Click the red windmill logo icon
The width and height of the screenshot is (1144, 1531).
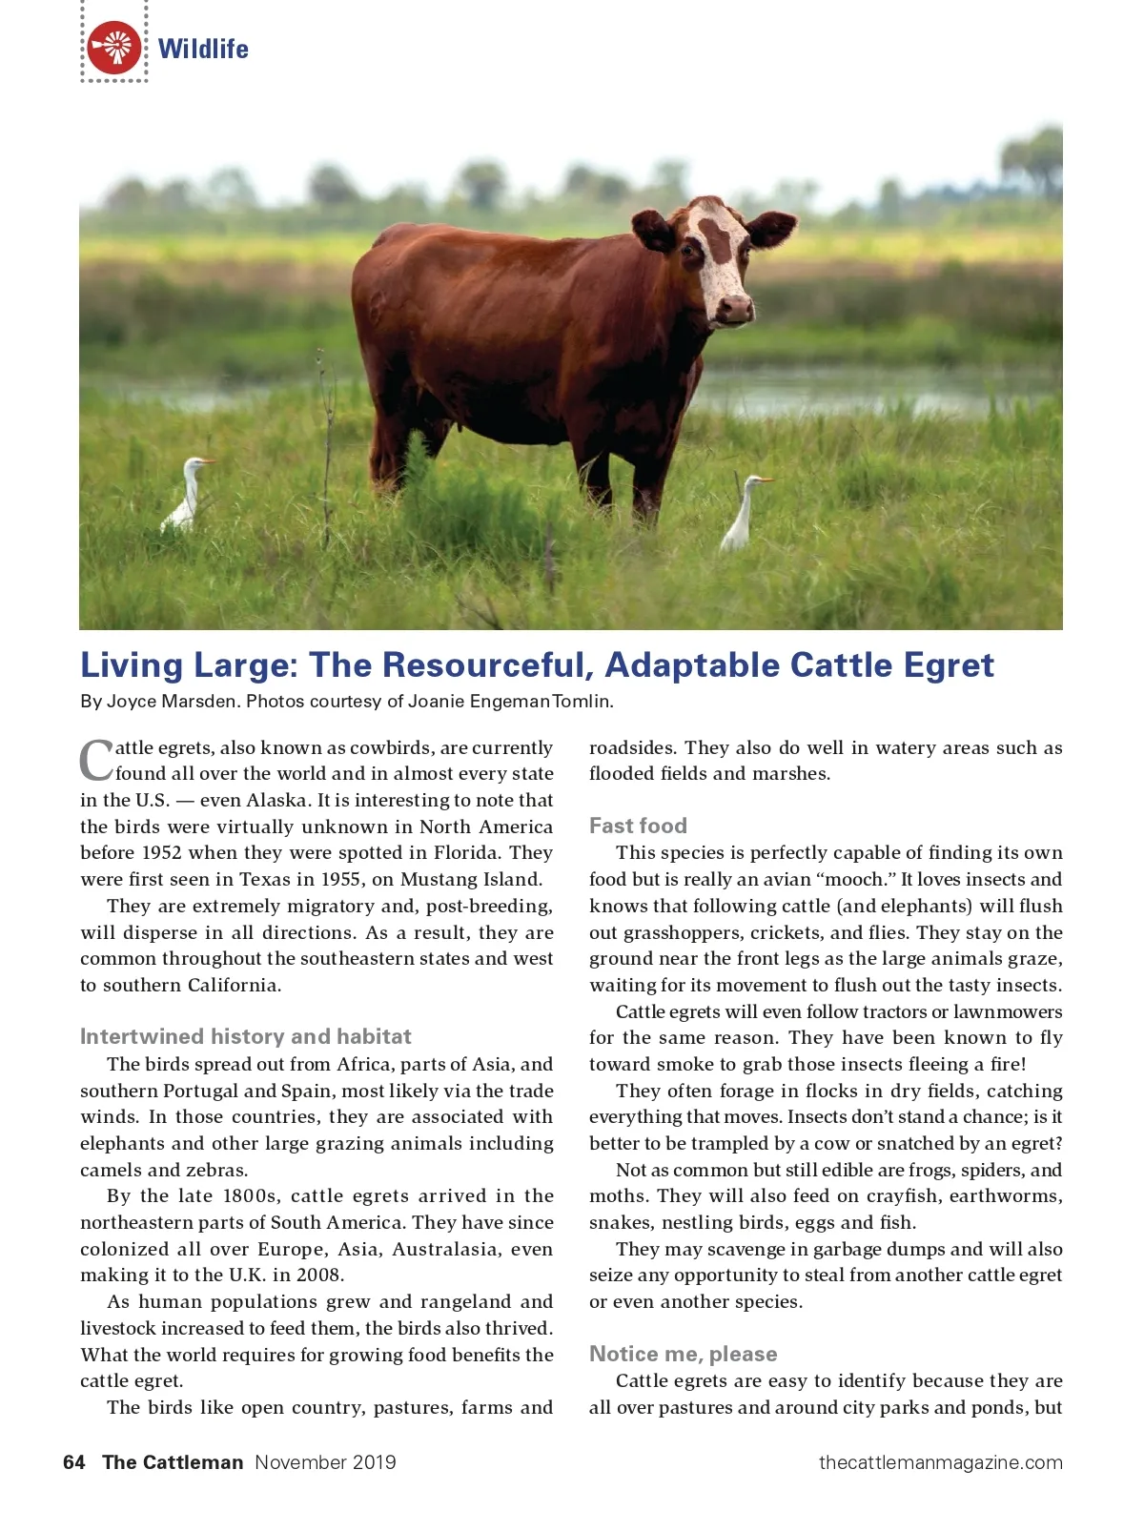pos(114,48)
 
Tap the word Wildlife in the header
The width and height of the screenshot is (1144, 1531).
pos(203,49)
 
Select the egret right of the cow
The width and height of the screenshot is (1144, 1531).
pos(742,515)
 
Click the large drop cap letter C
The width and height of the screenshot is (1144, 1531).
pos(96,760)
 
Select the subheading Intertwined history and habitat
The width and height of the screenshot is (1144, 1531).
pos(245,1036)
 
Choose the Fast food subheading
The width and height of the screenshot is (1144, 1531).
pos(638,826)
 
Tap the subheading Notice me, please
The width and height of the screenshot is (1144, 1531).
pos(683,1354)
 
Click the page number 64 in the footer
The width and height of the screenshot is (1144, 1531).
pos(73,1462)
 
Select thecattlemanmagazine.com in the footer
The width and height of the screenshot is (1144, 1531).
pos(940,1462)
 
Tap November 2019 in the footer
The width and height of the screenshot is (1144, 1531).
pos(325,1462)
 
